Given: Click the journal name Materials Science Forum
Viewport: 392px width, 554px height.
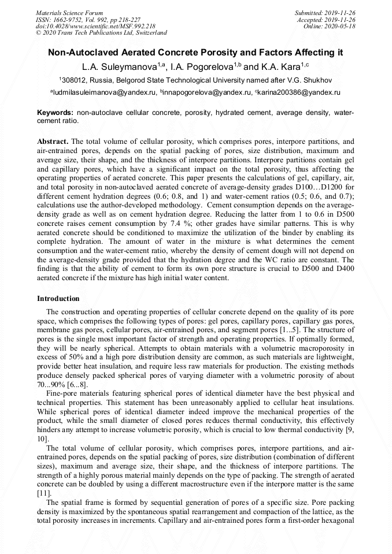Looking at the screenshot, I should click(70, 12).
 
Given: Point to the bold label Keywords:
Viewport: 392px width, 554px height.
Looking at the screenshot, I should click(55, 112).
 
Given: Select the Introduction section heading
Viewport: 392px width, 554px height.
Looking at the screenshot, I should click(58, 299).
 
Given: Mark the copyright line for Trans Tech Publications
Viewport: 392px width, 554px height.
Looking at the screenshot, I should click(102, 33).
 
